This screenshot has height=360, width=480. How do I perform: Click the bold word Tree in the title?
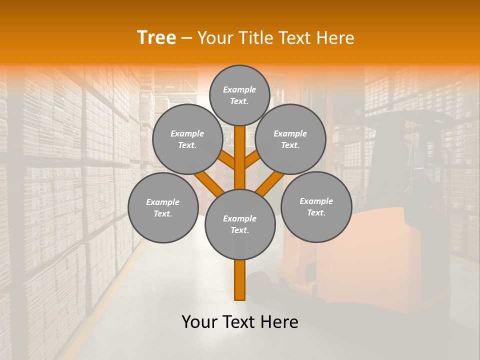pyautogui.click(x=156, y=37)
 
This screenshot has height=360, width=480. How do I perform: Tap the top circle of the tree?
pyautogui.click(x=239, y=95)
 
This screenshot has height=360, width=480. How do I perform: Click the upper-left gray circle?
pyautogui.click(x=187, y=139)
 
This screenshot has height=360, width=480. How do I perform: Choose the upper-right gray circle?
pyautogui.click(x=290, y=139)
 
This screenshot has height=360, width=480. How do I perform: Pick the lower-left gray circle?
pyautogui.click(x=163, y=207)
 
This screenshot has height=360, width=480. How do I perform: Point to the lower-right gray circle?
pyautogui.click(x=316, y=206)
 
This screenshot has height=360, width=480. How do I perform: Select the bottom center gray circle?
pyautogui.click(x=240, y=224)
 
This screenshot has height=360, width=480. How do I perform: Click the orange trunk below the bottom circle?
pyautogui.click(x=240, y=280)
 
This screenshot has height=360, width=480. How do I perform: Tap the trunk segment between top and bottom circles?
pyautogui.click(x=240, y=157)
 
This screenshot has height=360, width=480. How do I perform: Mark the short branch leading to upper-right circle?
pyautogui.click(x=252, y=160)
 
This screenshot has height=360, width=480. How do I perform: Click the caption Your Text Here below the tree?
pyautogui.click(x=240, y=322)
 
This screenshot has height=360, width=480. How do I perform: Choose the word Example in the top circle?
pyautogui.click(x=239, y=89)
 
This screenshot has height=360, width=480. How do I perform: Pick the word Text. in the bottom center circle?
pyautogui.click(x=239, y=230)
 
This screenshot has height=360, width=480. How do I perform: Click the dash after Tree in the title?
pyautogui.click(x=186, y=38)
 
